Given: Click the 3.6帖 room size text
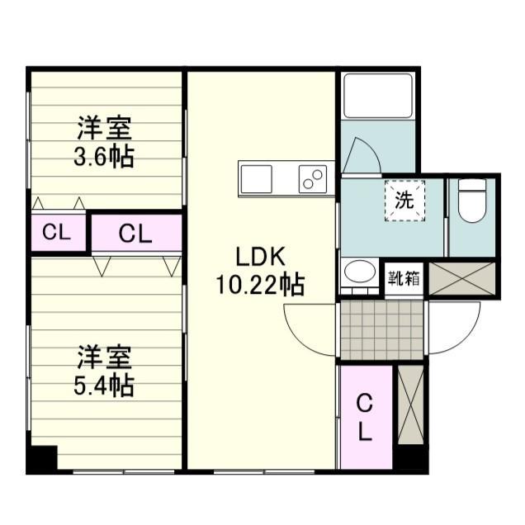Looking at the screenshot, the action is coord(104,156).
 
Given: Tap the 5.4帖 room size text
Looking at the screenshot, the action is coord(104,385).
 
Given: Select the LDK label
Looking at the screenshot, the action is coord(261,258).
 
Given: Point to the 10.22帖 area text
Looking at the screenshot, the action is coord(260,285).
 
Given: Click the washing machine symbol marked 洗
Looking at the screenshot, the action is coord(404,201).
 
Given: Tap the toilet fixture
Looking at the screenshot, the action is coord(472,201).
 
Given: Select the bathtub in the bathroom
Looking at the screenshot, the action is coord(378,96).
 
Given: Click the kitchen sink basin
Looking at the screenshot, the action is coord(257,179).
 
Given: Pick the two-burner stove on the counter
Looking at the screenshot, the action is coord(313,179).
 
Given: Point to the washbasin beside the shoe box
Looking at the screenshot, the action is coord(360,272).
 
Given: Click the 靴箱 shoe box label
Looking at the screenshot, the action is coord(404,278).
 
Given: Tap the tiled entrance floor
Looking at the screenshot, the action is coord(382,330).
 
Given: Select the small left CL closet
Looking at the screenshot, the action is coord(59,232).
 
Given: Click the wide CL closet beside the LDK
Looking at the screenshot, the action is coord(136,233).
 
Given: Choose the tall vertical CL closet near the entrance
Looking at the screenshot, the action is coord(367,417).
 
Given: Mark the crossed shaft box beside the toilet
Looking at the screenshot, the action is coord(461,279).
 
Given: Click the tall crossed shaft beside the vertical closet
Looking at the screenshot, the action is coord(411,405).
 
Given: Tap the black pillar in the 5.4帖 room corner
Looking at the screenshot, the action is coord(42,459).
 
